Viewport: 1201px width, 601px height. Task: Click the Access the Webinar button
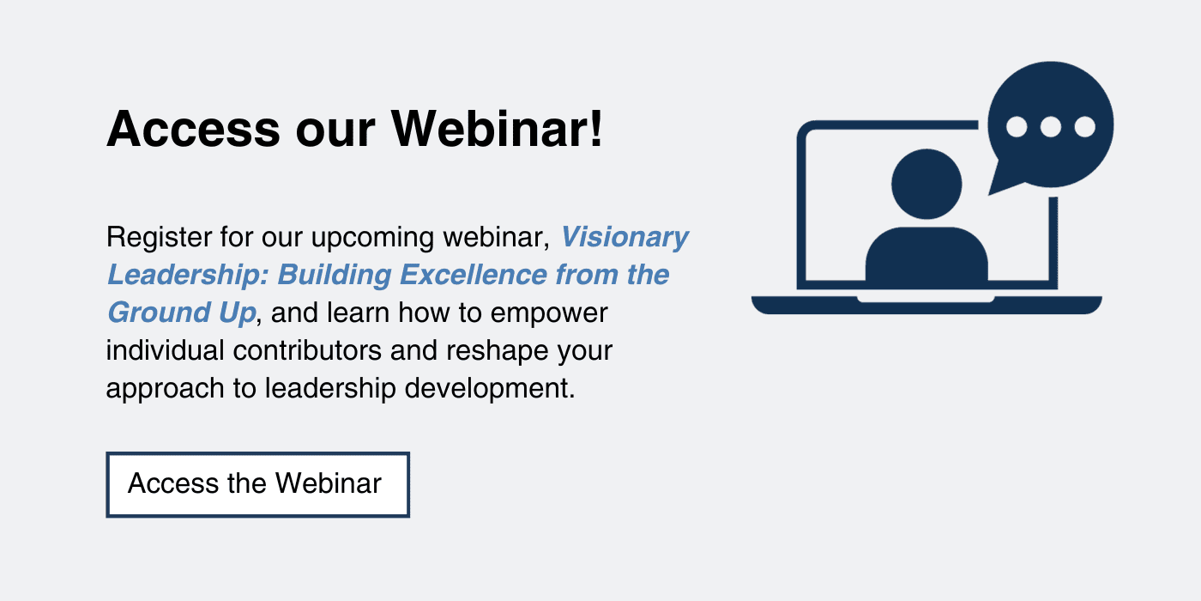tap(258, 484)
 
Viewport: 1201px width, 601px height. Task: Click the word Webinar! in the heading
tap(497, 129)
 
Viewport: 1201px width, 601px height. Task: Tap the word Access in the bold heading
tap(194, 129)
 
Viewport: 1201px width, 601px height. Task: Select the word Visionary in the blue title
tap(625, 238)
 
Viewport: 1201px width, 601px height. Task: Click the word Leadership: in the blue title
tap(188, 275)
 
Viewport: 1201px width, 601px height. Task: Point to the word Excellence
tap(473, 275)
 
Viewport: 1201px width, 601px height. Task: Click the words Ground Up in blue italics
tap(182, 313)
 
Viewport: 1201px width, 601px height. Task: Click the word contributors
tap(307, 350)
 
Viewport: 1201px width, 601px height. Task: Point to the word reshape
tap(497, 351)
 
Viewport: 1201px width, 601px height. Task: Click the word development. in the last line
tap(490, 388)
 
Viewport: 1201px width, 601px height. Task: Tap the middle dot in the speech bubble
tap(1050, 127)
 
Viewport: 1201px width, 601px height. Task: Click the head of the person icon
tap(926, 184)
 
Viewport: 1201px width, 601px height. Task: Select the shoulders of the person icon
tap(926, 254)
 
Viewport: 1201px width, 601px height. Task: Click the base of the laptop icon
tap(926, 305)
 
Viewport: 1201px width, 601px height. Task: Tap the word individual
tap(165, 350)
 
